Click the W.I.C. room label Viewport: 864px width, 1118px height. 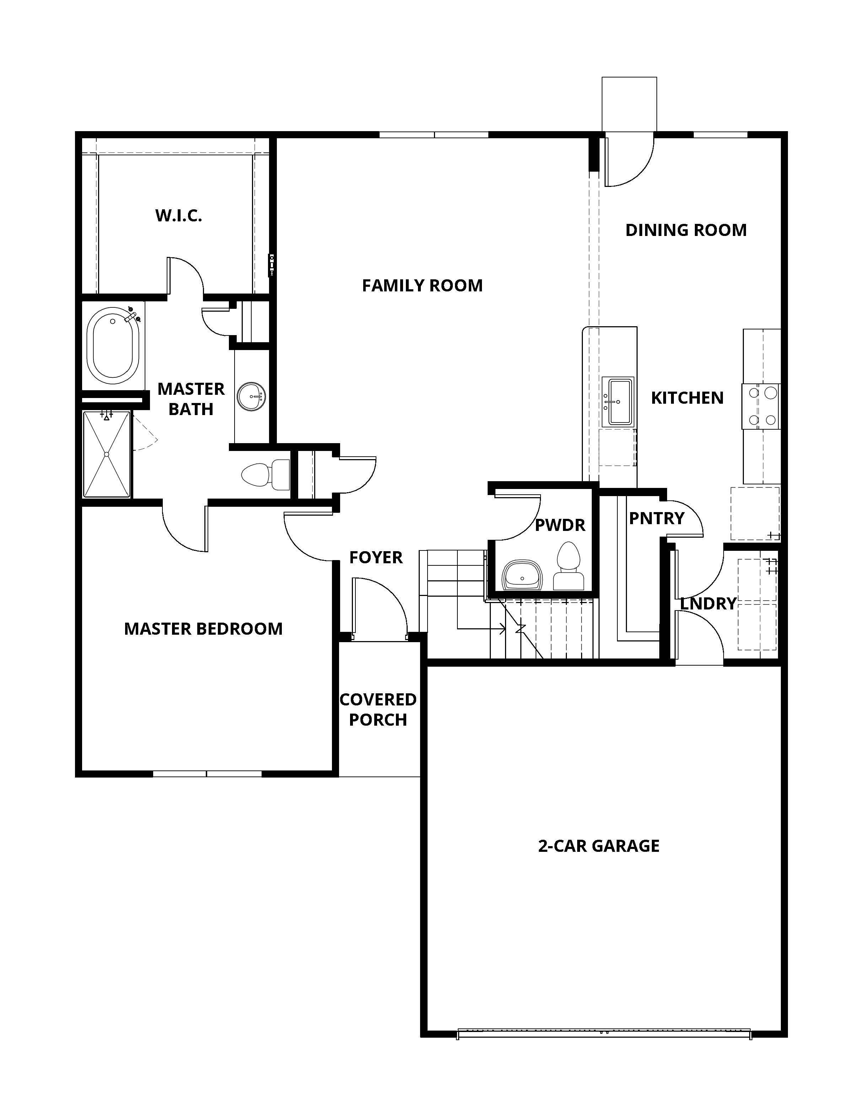(x=179, y=215)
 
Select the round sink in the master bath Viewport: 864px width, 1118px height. (x=251, y=396)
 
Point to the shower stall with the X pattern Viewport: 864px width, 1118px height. (x=107, y=454)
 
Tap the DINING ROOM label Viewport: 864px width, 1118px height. (x=686, y=230)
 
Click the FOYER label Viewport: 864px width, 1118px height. (x=376, y=558)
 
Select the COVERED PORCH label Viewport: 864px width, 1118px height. (x=378, y=709)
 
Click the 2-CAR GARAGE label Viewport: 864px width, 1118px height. (x=599, y=846)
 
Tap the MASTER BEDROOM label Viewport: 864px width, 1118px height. (x=203, y=629)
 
